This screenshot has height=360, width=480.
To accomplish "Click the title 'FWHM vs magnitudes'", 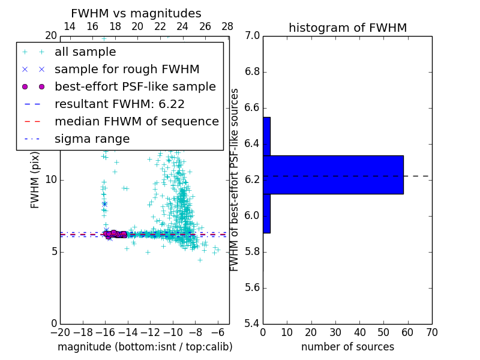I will (136, 14).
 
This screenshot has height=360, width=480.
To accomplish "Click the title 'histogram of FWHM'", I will (347, 28).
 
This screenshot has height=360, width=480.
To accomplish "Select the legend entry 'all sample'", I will (85, 52).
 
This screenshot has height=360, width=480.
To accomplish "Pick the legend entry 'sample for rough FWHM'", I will (127, 70).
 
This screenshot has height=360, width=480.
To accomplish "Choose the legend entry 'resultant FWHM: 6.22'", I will (119, 104).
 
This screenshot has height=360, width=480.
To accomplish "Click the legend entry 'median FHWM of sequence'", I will (136, 122).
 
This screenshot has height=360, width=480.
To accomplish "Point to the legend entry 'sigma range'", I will (92, 139).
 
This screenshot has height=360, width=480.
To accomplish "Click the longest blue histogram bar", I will (333, 175).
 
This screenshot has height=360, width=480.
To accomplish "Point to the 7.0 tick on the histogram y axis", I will (252, 36).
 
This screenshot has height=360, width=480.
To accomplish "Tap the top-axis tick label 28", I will (227, 26).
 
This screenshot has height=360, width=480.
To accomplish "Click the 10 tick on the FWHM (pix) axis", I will (50, 180).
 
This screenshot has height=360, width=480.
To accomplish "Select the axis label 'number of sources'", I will (347, 347).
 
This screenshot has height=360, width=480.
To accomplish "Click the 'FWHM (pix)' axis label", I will (35, 180).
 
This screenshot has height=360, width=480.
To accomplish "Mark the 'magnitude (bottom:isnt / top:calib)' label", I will (145, 347).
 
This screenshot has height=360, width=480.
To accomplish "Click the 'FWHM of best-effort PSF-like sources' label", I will (235, 180).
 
